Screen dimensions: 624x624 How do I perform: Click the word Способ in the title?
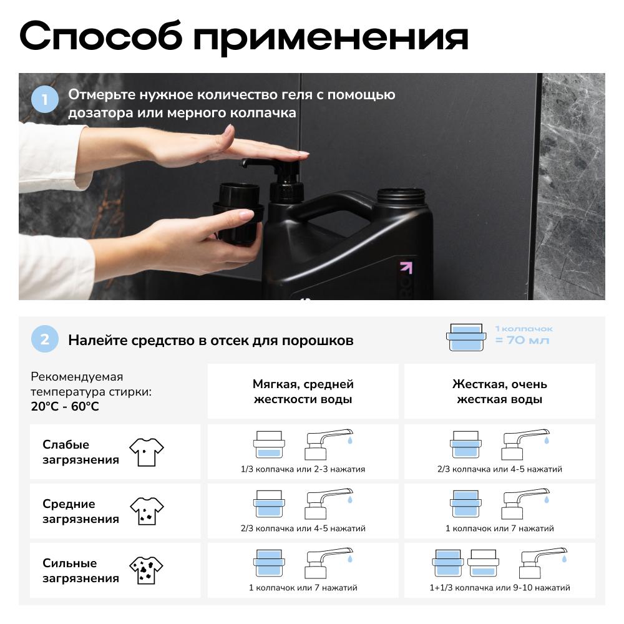pos(100,37)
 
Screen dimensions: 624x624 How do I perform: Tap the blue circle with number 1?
pos(45,99)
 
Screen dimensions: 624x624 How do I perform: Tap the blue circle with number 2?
pos(45,339)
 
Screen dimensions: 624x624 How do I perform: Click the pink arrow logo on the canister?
pos(406,268)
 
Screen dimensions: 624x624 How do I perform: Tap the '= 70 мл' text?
pos(522,340)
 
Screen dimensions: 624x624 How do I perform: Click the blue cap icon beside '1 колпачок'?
pos(466,338)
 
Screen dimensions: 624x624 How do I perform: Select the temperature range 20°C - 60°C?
pos(65,406)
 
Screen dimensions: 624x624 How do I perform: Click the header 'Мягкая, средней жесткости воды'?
pos(303,392)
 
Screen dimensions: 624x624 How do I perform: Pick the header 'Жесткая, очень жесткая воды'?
pos(499,392)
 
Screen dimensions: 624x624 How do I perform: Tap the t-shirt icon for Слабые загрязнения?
pos(147,452)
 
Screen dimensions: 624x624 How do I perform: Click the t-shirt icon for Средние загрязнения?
pos(147,512)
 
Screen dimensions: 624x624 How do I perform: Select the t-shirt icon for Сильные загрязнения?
pos(146,570)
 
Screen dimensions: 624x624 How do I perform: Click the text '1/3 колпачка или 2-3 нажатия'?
pos(303,469)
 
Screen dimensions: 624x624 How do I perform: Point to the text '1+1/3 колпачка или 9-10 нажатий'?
pos(500,588)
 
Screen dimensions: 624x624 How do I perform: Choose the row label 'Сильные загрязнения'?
pos(80,571)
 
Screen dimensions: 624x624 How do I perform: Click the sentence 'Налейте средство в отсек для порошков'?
pos(210,341)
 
